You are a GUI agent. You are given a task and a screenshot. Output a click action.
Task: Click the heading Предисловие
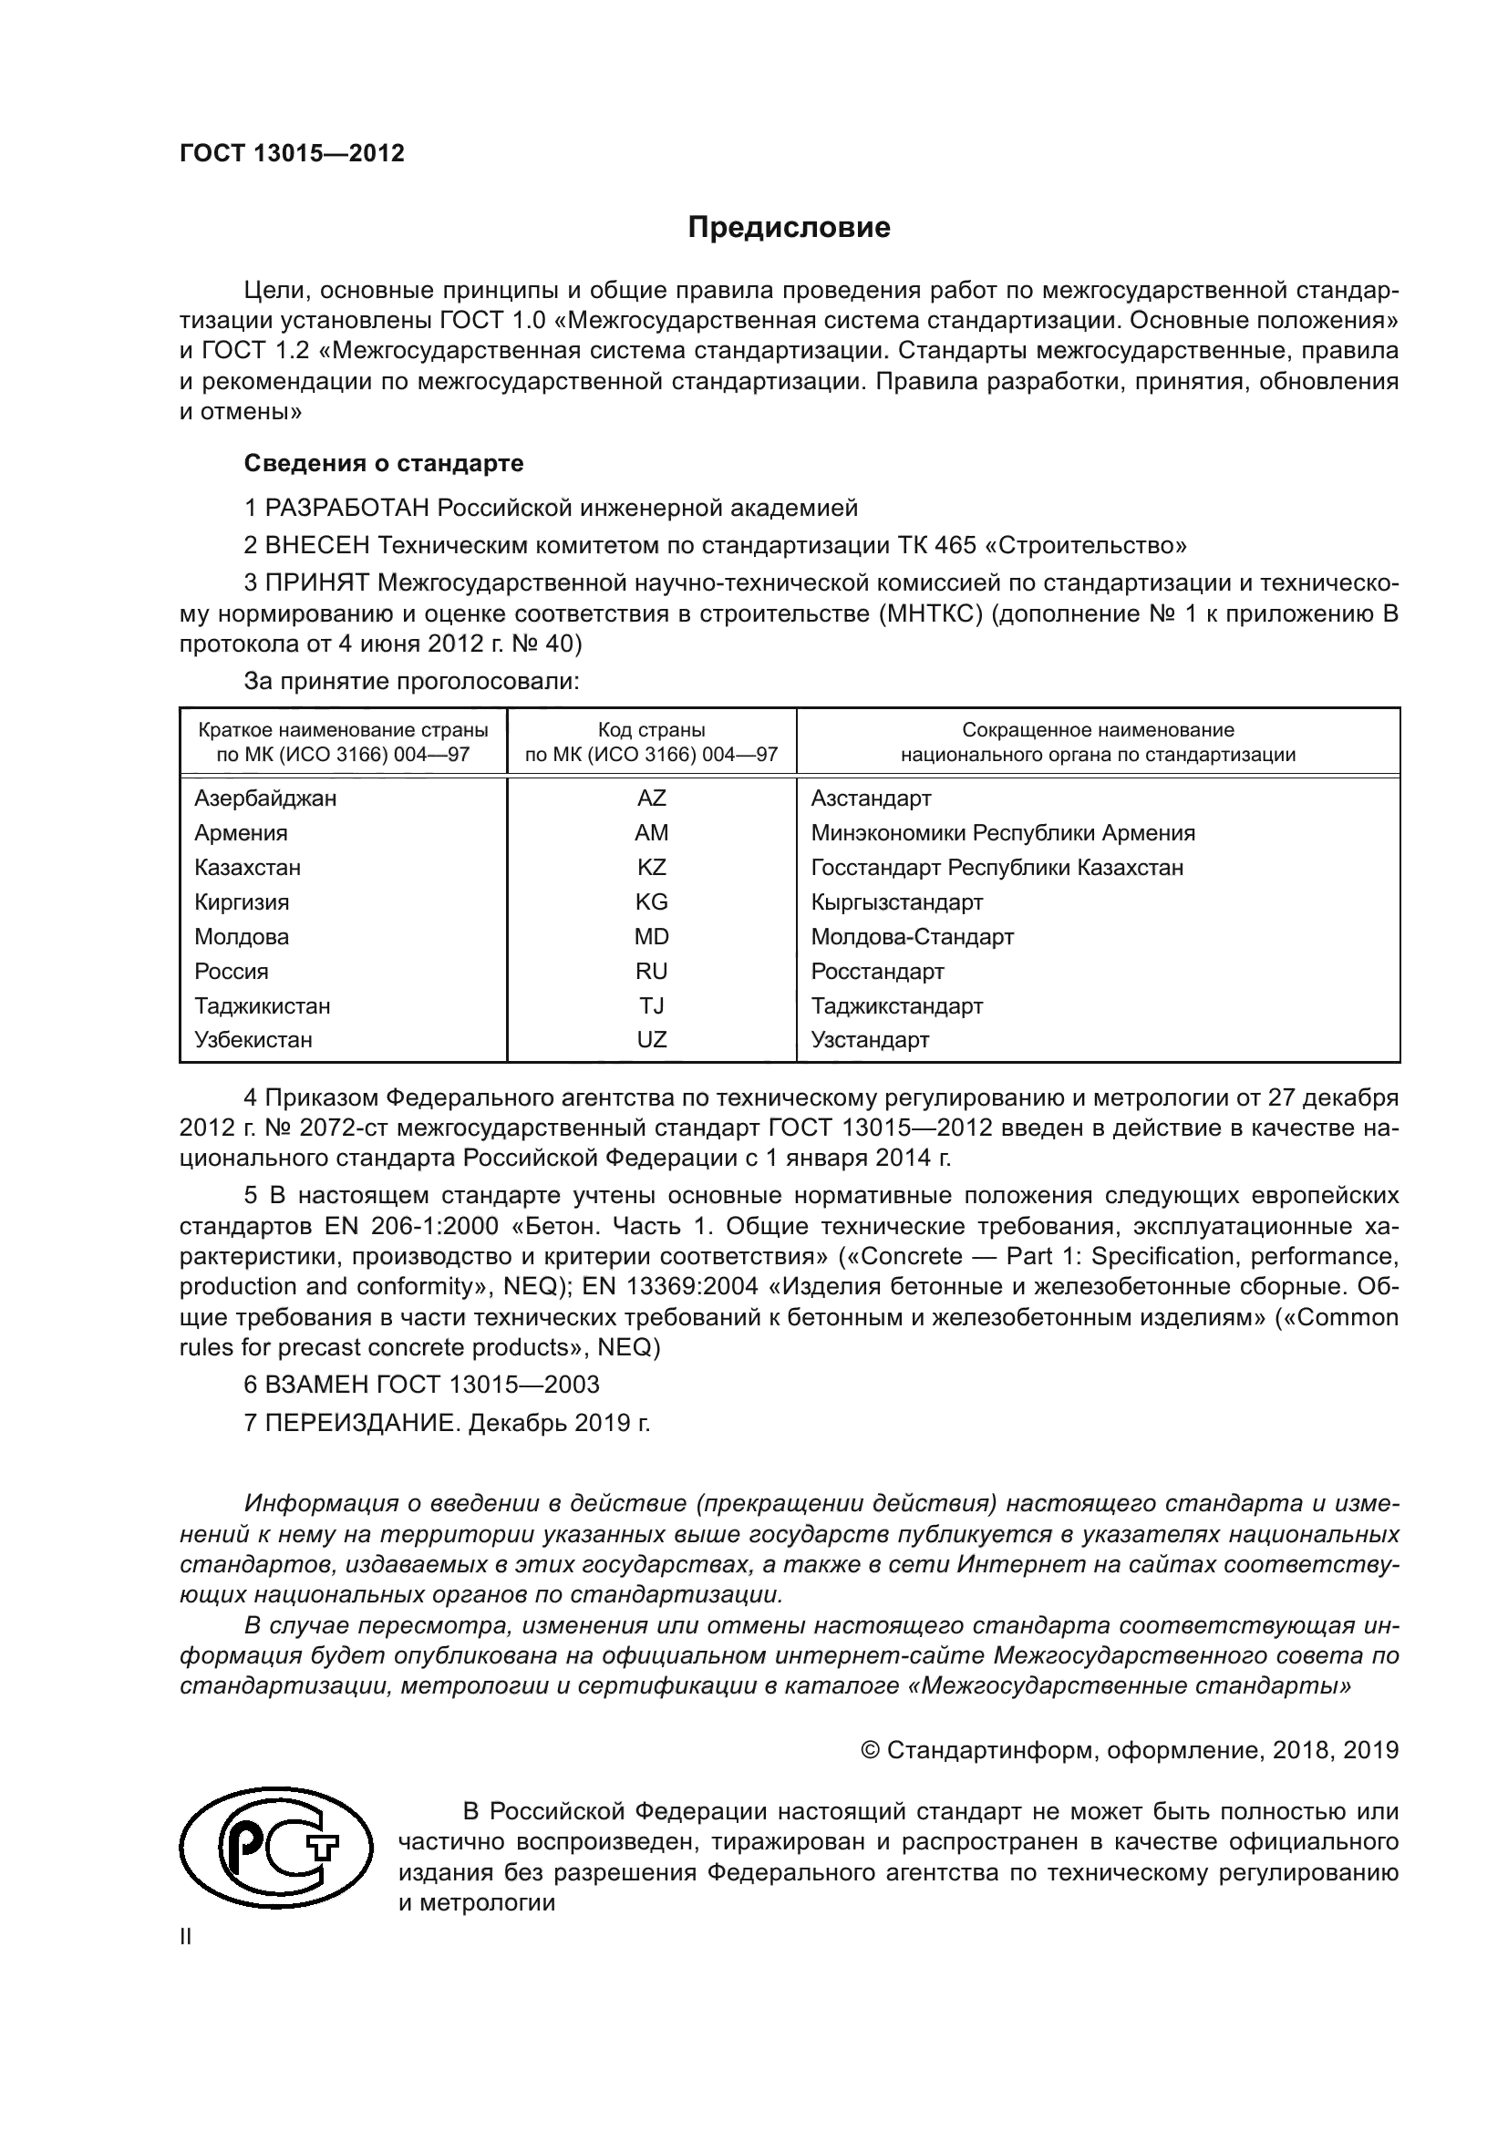[x=789, y=229]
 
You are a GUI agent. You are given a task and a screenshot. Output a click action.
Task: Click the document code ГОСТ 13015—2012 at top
[x=292, y=154]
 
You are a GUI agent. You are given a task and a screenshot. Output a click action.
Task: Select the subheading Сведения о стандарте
[x=384, y=463]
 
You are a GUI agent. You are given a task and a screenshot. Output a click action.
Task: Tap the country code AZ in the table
[x=651, y=798]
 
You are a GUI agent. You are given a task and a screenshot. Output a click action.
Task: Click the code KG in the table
[x=651, y=902]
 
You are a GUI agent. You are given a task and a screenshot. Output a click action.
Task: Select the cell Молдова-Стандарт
[x=912, y=937]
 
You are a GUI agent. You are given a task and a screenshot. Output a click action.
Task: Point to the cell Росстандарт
[x=876, y=973]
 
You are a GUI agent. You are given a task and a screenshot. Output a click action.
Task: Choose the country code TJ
[x=651, y=1006]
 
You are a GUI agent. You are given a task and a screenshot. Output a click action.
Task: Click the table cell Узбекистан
[x=253, y=1040]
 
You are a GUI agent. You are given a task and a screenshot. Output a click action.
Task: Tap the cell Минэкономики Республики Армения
[x=1003, y=833]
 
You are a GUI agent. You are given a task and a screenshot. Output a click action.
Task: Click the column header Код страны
[x=651, y=731]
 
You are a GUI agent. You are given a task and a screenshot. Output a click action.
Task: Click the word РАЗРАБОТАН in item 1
[x=348, y=509]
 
